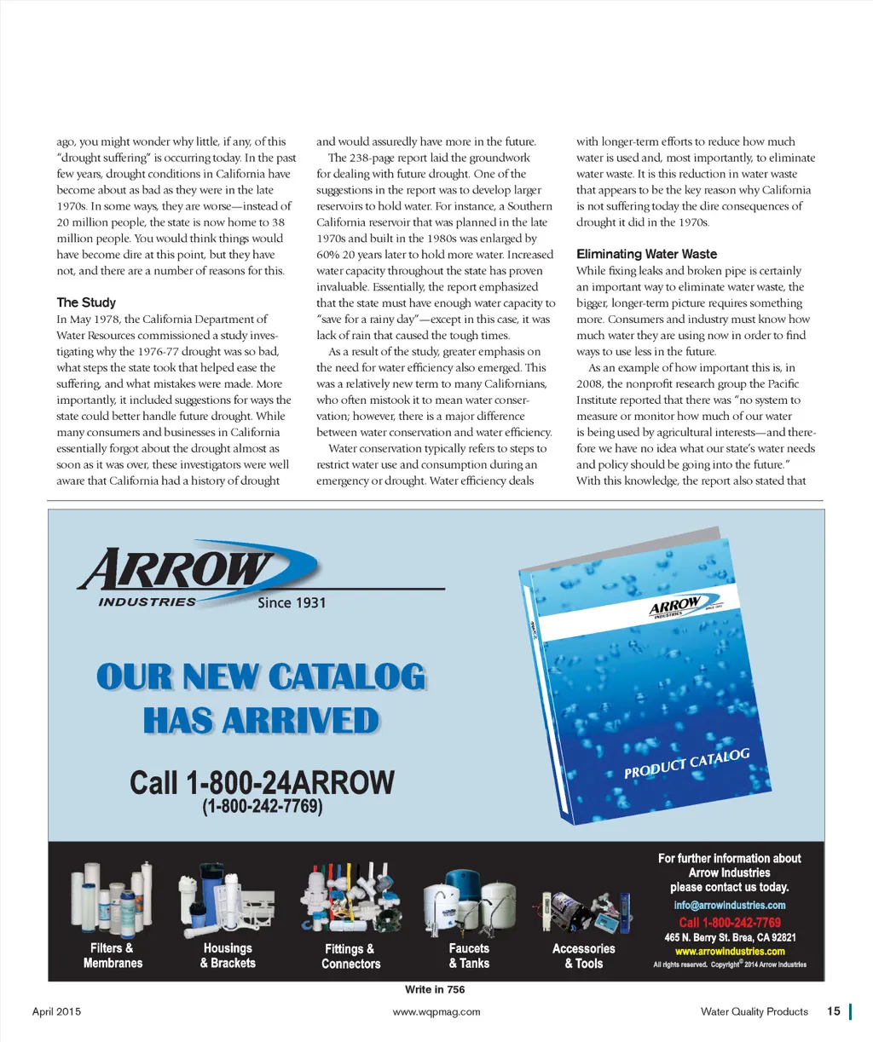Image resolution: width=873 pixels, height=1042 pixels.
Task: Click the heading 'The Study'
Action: click(86, 302)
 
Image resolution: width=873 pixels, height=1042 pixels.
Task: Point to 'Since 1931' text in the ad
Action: click(292, 602)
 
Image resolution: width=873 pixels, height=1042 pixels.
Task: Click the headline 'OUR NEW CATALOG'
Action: click(261, 677)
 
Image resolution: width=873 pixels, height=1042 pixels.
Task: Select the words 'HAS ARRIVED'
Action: click(261, 721)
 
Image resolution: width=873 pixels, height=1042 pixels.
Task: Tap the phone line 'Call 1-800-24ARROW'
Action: click(262, 782)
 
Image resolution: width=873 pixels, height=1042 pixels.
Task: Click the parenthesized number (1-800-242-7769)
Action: click(262, 806)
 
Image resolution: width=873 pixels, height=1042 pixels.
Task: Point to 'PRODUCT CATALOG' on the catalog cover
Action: click(686, 763)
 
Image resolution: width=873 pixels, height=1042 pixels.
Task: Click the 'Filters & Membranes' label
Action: click(113, 956)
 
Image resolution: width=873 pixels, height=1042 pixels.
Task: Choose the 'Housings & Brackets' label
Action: click(228, 956)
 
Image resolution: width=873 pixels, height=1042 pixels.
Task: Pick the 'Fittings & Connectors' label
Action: click(350, 957)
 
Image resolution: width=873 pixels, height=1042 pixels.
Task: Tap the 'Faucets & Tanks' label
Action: click(469, 956)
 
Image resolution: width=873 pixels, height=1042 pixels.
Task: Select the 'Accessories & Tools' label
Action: click(583, 956)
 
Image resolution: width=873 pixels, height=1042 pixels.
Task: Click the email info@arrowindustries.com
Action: click(729, 905)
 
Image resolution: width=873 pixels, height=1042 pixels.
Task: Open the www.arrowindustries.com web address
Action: click(729, 952)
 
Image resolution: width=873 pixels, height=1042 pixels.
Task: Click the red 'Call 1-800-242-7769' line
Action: click(729, 922)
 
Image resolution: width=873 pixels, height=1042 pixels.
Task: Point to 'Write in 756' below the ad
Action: click(435, 989)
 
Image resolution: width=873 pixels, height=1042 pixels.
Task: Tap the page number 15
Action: click(833, 1011)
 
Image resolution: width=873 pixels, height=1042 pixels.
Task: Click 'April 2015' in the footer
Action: click(56, 1012)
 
